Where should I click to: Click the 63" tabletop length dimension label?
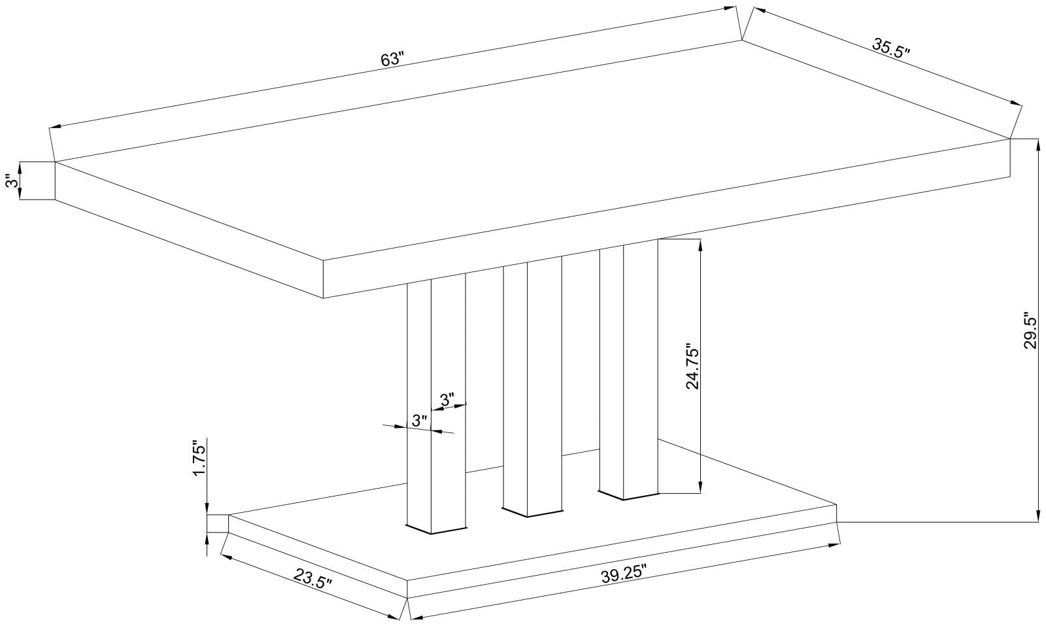point(393,60)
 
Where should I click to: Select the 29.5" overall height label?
point(1030,330)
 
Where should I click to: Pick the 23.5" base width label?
point(312,580)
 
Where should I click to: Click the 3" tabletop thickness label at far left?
point(9,181)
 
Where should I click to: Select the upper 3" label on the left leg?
point(447,400)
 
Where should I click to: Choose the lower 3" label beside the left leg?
point(419,420)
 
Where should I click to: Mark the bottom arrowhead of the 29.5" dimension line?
point(1038,517)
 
